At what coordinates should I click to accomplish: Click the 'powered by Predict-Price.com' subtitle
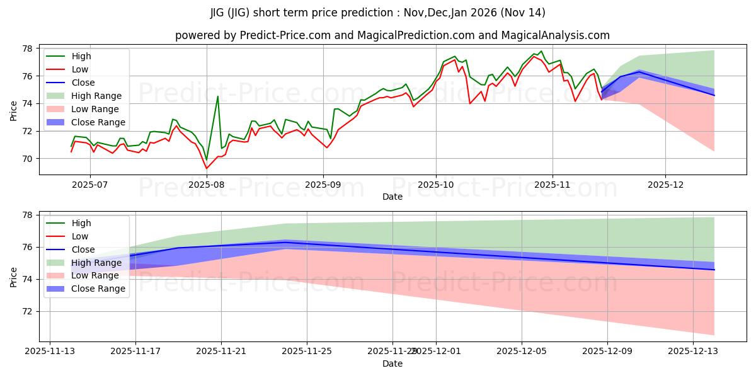click(392, 36)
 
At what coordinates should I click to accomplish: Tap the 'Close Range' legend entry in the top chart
click(98, 122)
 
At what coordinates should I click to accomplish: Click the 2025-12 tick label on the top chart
click(665, 185)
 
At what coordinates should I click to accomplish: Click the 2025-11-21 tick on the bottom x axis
click(221, 350)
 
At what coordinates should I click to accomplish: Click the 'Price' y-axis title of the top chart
click(14, 109)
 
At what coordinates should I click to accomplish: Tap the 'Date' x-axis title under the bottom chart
click(392, 364)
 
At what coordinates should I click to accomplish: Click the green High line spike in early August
click(217, 96)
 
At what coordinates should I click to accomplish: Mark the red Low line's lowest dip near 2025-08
click(206, 168)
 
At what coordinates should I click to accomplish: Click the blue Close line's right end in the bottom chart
click(714, 270)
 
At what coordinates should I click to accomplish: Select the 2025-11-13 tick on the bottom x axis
click(50, 350)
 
